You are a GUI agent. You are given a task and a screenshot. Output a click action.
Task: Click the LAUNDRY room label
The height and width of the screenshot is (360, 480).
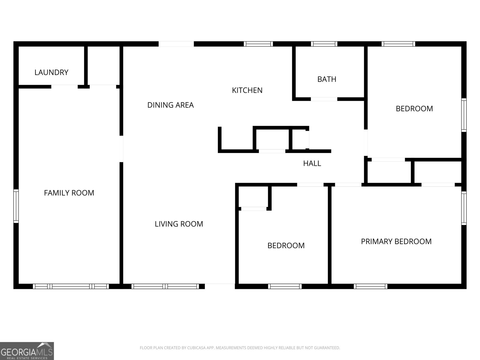(x=51, y=72)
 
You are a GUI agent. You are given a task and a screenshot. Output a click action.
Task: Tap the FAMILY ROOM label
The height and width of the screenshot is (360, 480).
(x=69, y=193)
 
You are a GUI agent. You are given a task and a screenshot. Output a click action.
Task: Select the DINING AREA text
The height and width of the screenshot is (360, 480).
(x=170, y=105)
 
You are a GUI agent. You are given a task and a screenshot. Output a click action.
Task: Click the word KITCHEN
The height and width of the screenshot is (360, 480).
(x=247, y=90)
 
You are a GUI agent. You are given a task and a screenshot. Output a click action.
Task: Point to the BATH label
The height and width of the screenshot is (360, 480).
(x=327, y=79)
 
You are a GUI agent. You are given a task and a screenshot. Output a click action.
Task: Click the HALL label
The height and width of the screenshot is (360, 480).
(x=312, y=163)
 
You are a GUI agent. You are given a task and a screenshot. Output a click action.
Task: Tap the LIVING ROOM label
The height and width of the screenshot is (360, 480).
(x=179, y=224)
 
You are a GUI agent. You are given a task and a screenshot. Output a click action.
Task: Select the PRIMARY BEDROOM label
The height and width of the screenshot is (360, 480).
(x=396, y=241)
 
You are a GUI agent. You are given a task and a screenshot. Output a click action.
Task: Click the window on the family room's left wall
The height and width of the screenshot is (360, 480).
(x=16, y=206)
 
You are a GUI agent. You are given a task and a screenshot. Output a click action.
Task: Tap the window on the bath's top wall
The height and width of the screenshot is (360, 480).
(x=324, y=44)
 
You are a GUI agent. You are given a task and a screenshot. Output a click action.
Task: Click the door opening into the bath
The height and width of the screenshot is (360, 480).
(x=324, y=99)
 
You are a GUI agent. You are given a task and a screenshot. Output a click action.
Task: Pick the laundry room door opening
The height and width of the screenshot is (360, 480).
(x=64, y=87)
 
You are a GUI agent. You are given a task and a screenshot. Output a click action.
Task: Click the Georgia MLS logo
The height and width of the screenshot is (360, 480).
(x=27, y=351)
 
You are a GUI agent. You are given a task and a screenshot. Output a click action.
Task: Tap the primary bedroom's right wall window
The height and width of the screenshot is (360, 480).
(x=464, y=208)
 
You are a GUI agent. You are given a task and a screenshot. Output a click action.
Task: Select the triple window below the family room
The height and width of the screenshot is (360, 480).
(x=71, y=286)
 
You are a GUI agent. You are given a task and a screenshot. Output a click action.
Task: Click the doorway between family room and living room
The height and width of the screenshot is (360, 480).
(x=121, y=149)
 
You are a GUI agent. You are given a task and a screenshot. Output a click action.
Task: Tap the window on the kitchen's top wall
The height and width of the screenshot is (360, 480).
(x=258, y=44)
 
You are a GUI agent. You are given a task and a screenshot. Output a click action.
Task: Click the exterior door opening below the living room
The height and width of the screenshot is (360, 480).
(x=220, y=286)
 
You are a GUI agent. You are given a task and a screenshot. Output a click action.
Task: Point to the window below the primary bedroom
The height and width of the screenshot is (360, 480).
(x=370, y=286)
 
